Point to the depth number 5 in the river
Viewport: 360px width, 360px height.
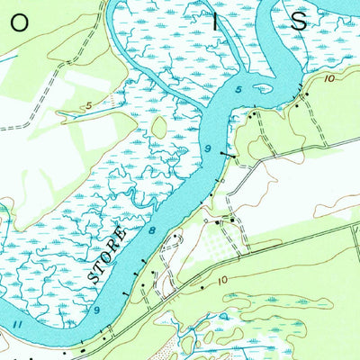(x=239, y=91)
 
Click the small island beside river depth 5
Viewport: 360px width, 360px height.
(x=262, y=89)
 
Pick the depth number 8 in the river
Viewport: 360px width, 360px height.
(x=151, y=232)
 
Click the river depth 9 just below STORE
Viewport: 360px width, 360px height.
(x=95, y=310)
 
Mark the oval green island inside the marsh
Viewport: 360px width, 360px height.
(x=159, y=127)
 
